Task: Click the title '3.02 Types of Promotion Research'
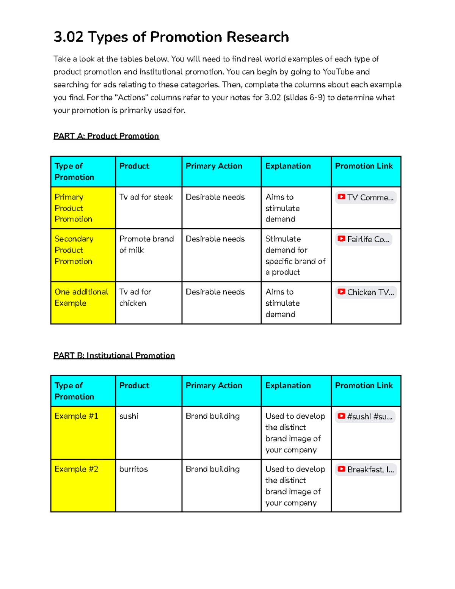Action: tap(171, 37)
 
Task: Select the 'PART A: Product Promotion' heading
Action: tap(106, 136)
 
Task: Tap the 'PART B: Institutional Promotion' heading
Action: tap(114, 355)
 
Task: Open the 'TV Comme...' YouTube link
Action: tap(366, 197)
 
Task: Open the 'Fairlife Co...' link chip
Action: tap(364, 239)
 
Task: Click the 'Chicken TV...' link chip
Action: tap(366, 292)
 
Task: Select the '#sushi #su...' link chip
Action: tap(365, 416)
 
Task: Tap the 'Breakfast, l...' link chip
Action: tap(366, 470)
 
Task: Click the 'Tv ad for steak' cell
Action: tap(146, 197)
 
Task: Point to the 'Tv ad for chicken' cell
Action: tap(135, 297)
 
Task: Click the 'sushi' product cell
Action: tap(129, 416)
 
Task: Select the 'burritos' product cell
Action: tap(133, 469)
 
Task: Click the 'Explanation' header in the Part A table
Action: tap(288, 166)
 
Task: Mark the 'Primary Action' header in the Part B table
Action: tap(214, 385)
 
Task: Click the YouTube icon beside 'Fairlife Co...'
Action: tap(341, 239)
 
